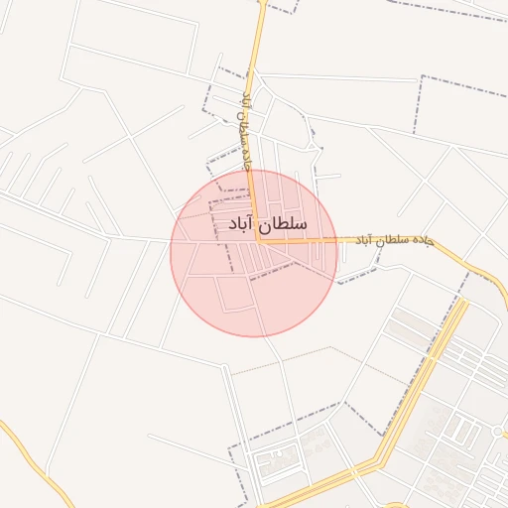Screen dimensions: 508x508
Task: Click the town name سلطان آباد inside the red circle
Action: pos(262,225)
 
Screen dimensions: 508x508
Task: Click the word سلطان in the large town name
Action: pos(284,225)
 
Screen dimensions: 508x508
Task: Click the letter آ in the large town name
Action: pos(251,224)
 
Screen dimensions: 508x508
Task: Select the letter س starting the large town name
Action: pos(299,226)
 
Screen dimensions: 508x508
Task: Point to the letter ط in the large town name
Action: pos(281,224)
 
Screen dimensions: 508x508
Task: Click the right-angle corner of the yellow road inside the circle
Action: pos(257,240)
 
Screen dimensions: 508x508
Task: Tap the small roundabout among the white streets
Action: pos(494,432)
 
